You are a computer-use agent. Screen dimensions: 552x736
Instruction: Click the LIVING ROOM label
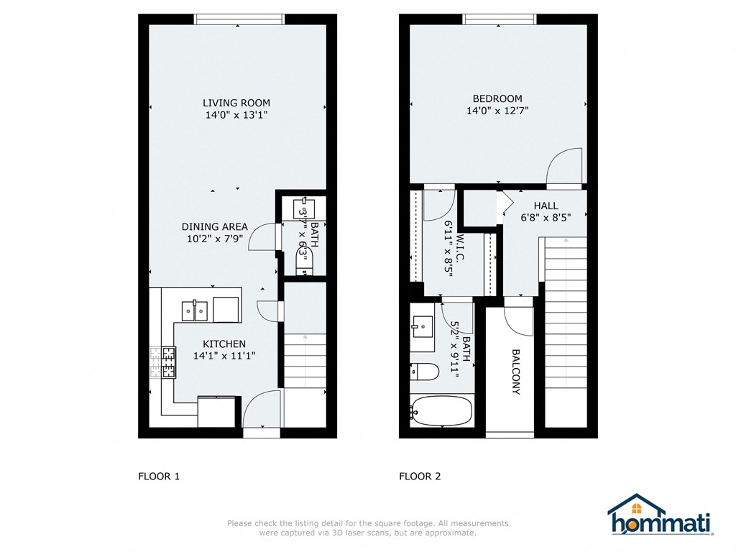tap(236, 103)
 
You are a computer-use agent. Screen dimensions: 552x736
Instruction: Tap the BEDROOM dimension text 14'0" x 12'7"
tap(497, 111)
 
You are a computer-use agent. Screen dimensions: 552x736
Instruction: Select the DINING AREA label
tap(214, 226)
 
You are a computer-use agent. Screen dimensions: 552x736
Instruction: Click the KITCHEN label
tap(224, 344)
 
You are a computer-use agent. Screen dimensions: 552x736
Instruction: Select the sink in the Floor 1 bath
tap(303, 208)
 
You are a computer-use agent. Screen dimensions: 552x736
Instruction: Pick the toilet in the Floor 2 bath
tap(424, 372)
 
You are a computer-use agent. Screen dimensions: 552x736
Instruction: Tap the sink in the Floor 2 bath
tap(422, 328)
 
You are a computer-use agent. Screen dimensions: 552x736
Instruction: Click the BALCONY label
tap(515, 372)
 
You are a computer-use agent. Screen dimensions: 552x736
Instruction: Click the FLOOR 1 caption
tap(158, 476)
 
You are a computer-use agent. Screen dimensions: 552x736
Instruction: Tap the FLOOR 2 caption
tap(420, 476)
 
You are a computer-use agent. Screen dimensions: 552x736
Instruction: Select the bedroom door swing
tap(565, 170)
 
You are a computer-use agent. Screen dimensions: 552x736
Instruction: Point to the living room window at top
tap(239, 19)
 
